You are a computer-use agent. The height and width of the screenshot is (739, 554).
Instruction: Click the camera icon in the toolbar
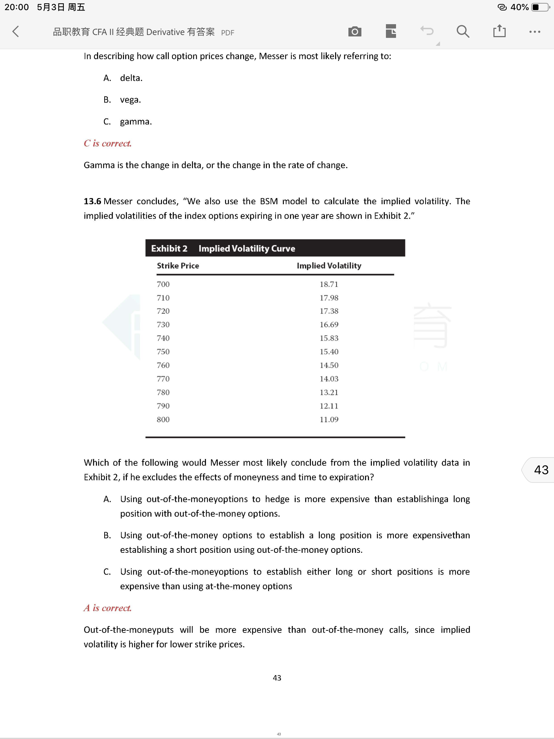tap(355, 32)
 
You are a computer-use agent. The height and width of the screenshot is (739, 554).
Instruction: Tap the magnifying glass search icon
tap(463, 32)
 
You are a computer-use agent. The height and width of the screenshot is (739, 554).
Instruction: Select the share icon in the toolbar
tap(499, 31)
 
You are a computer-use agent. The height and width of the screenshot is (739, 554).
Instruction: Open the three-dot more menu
tap(535, 32)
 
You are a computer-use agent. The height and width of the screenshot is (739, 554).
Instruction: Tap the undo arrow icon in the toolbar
tap(427, 31)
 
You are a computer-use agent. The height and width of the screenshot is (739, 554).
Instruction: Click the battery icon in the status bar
tap(540, 7)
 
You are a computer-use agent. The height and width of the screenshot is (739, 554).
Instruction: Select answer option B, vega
tap(130, 100)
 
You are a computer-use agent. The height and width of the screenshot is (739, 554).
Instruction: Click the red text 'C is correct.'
tap(107, 144)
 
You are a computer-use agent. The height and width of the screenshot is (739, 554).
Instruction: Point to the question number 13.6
tap(92, 201)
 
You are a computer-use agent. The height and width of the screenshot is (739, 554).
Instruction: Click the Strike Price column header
tap(178, 266)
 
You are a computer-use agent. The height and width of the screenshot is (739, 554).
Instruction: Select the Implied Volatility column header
tap(329, 266)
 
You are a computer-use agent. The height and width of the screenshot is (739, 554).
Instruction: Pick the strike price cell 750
tap(163, 352)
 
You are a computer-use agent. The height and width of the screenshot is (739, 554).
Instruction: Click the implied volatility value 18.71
tap(329, 284)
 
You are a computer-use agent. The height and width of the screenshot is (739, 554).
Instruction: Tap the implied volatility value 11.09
tap(329, 420)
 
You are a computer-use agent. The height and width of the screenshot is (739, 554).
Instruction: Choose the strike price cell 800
tap(163, 420)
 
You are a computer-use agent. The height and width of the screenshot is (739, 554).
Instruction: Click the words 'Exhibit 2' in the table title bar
tap(169, 249)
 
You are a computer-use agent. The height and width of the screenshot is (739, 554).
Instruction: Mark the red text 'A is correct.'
tap(107, 608)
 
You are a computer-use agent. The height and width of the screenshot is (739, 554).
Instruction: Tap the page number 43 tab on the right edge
tap(541, 470)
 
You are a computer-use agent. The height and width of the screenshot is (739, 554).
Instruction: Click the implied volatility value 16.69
tap(329, 325)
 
